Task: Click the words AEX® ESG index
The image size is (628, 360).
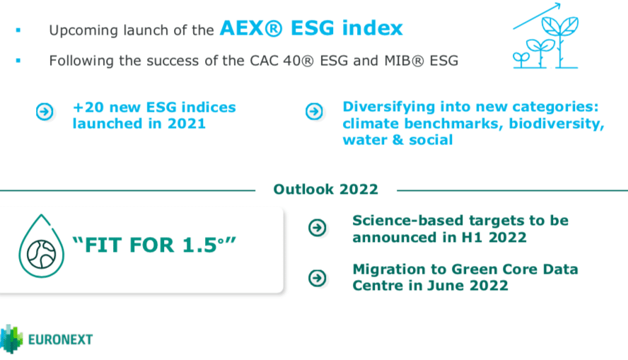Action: click(x=311, y=28)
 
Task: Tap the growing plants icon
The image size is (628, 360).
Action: click(x=545, y=36)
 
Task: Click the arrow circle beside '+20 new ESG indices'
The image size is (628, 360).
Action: click(x=45, y=111)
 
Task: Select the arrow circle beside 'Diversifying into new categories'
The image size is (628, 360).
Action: click(x=314, y=111)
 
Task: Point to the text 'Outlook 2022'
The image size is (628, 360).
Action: click(x=325, y=190)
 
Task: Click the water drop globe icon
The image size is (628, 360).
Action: click(x=41, y=246)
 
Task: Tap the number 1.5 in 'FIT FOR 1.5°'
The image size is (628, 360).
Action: click(x=199, y=245)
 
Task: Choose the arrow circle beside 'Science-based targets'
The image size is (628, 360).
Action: click(x=318, y=228)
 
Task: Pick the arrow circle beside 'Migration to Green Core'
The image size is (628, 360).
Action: click(x=318, y=278)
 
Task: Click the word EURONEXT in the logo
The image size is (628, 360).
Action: click(x=61, y=339)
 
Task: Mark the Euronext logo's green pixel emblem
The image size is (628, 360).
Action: click(x=11, y=339)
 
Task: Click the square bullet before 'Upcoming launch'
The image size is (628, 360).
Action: click(x=18, y=30)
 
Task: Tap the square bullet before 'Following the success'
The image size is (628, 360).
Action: click(x=18, y=61)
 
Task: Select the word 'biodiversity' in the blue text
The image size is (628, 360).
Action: click(x=556, y=124)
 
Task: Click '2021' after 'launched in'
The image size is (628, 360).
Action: click(x=186, y=123)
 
